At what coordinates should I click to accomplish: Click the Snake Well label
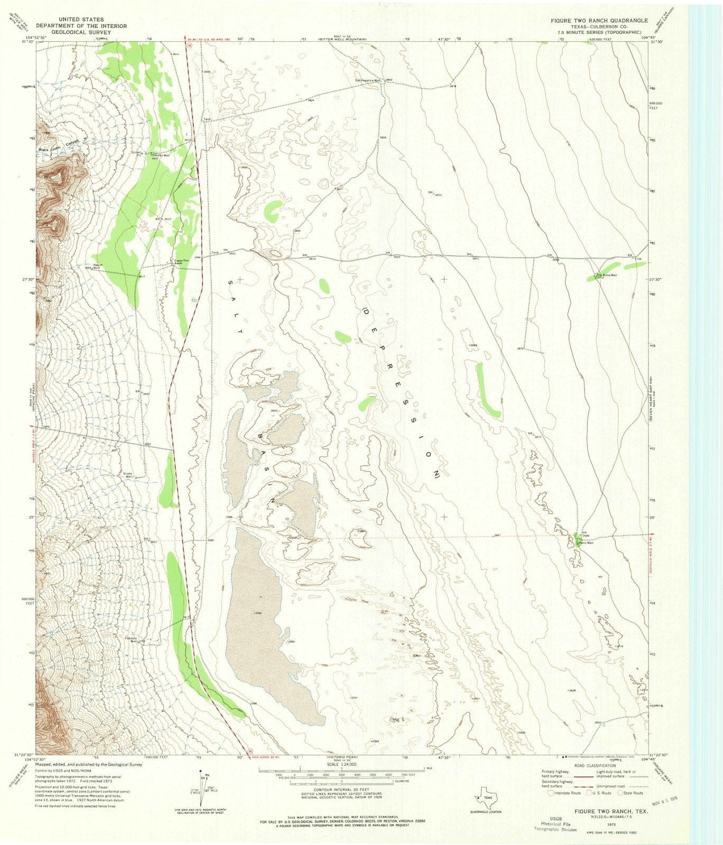tap(128, 475)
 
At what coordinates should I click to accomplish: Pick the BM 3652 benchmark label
tap(434, 194)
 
